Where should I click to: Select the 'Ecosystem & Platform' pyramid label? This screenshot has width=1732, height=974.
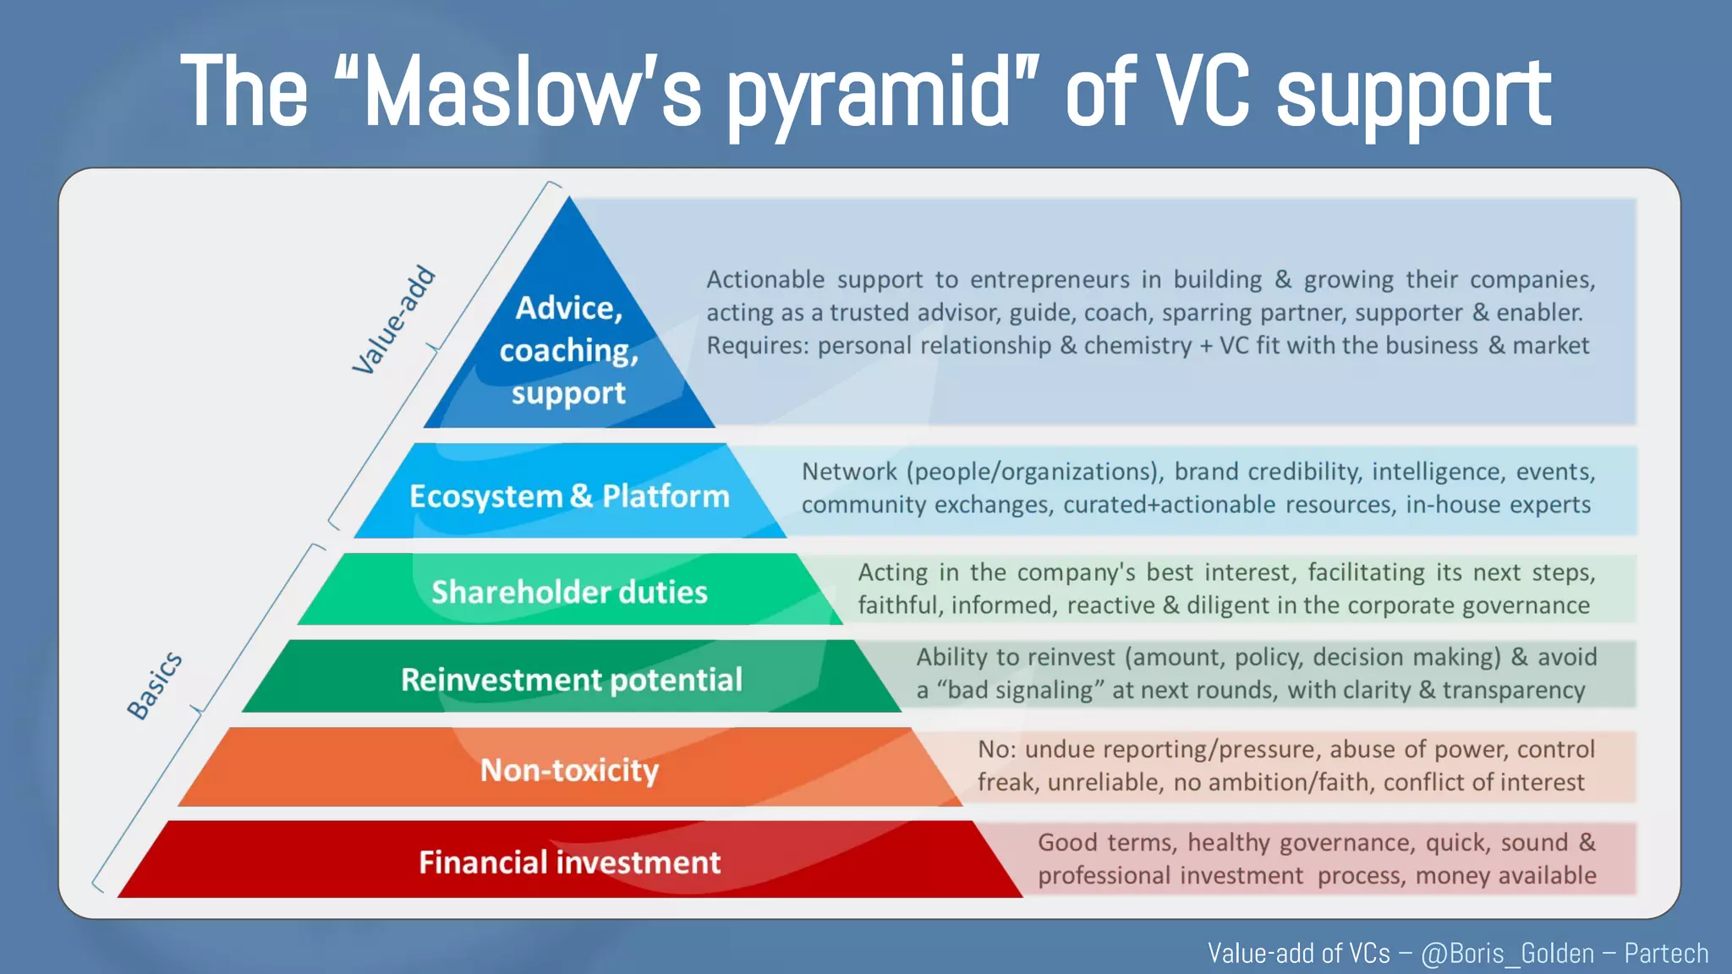point(569,496)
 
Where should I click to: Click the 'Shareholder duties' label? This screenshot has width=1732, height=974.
point(569,592)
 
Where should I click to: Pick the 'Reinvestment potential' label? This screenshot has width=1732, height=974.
point(571,680)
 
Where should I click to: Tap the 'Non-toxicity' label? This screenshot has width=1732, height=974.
point(569,770)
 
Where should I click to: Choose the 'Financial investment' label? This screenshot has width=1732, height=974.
point(569,862)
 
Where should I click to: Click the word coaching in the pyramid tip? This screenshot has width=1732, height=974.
point(568,351)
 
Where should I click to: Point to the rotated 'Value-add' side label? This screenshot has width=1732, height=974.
point(393,320)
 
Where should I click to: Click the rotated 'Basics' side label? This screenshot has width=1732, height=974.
point(155,686)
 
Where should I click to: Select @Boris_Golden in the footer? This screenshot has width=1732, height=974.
point(1507,954)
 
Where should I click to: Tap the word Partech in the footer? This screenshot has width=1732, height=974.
point(1665,954)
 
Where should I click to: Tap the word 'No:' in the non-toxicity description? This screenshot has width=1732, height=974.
point(996,750)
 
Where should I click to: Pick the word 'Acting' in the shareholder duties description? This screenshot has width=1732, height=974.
point(892,573)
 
